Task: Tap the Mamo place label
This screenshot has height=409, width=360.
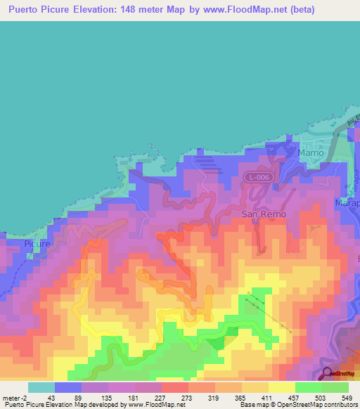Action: (311, 152)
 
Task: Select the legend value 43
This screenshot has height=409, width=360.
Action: (51, 397)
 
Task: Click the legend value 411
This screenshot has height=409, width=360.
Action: (266, 397)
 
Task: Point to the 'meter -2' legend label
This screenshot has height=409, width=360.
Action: (15, 397)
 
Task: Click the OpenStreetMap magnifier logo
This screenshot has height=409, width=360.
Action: (327, 372)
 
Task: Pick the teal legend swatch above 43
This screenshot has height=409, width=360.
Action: (41, 387)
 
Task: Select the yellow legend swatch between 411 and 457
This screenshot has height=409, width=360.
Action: (281, 387)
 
